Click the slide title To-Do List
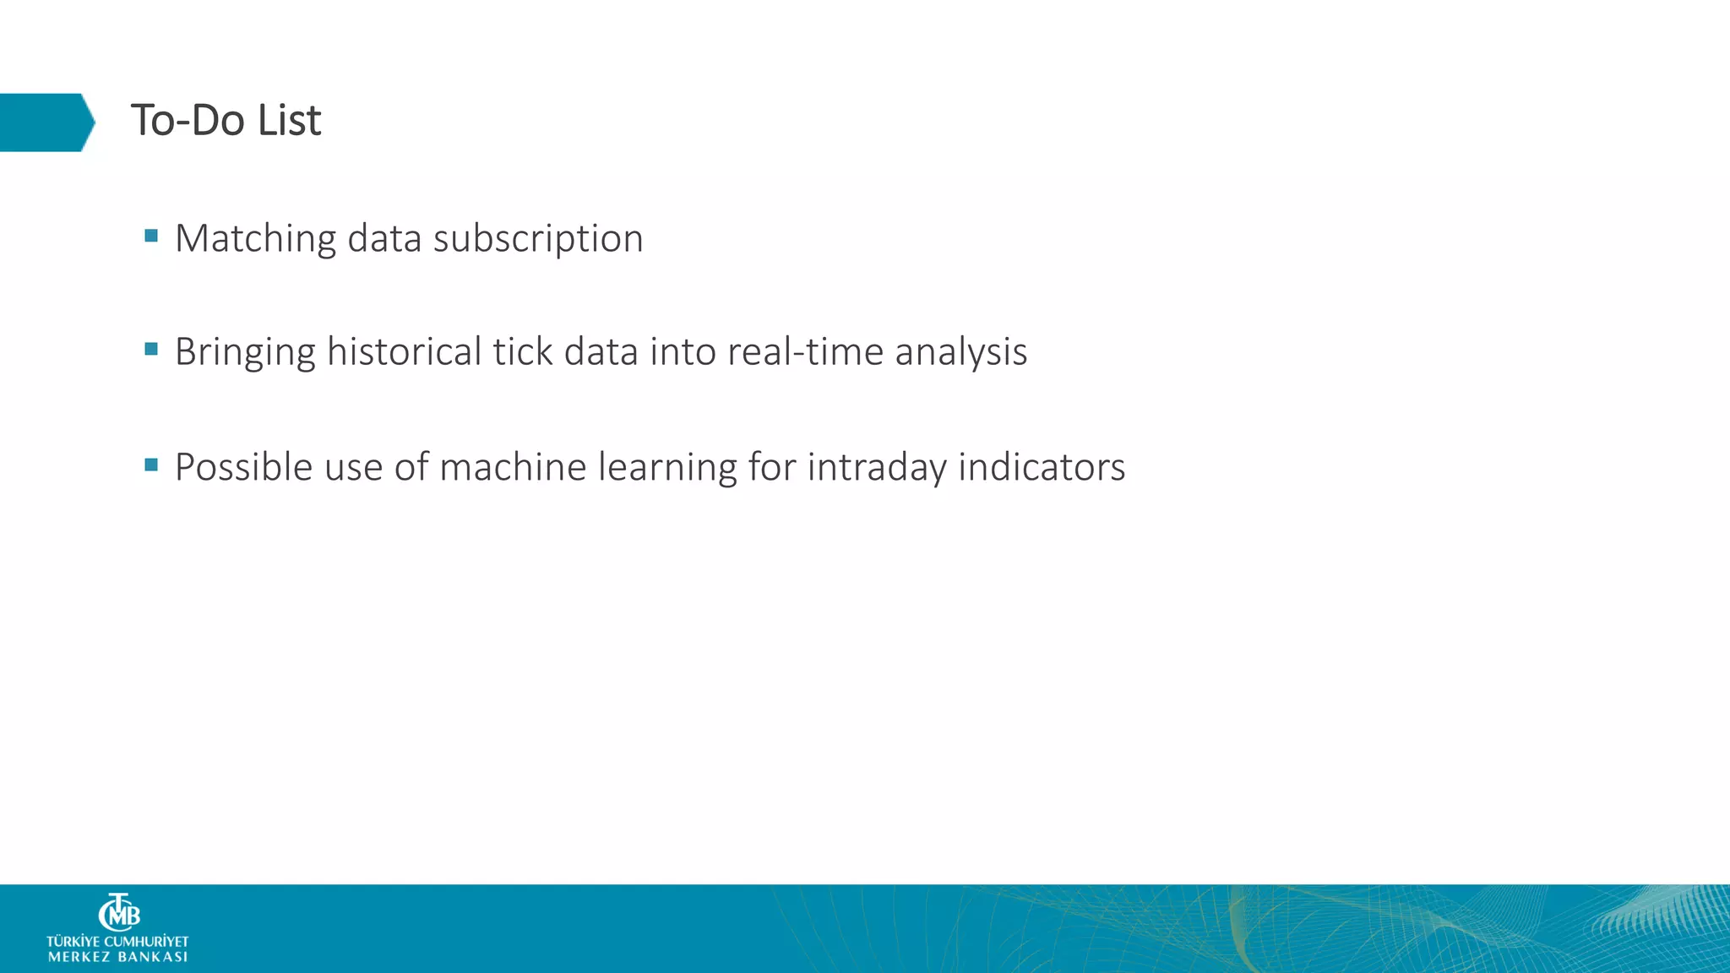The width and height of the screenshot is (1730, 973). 226,121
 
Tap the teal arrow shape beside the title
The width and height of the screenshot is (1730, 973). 46,122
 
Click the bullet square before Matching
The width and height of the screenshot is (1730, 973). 151,236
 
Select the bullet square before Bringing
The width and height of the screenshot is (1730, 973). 151,349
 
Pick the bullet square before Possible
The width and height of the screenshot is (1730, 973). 151,465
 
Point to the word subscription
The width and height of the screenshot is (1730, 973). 538,239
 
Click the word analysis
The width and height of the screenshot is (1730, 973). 960,352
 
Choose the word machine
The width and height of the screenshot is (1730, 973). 513,467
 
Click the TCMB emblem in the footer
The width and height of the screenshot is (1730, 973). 119,912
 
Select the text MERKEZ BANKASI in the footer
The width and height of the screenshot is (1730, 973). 117,957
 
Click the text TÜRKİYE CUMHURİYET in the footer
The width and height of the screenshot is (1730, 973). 117,941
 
